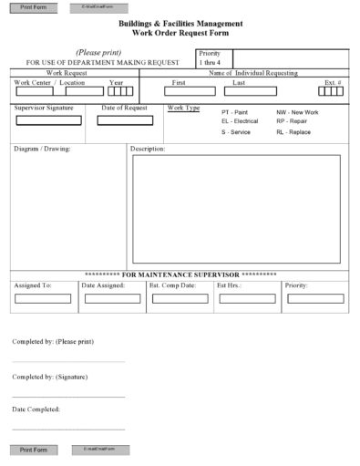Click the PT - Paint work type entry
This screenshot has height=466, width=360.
click(x=234, y=112)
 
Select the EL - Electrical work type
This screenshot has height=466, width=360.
click(x=240, y=121)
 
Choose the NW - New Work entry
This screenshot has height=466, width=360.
click(x=297, y=112)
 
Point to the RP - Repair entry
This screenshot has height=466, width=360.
click(x=291, y=121)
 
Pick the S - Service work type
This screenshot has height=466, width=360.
click(x=236, y=132)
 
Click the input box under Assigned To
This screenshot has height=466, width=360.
click(x=42, y=298)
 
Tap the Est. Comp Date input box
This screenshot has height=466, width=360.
click(x=179, y=298)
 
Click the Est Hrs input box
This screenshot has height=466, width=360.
click(x=246, y=298)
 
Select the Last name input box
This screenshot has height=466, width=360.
click(x=246, y=91)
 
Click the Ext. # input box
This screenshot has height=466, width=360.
click(x=332, y=91)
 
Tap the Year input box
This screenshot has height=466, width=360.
click(x=118, y=91)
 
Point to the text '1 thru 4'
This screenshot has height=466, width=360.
click(x=211, y=63)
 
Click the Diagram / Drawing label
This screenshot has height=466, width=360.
click(x=42, y=148)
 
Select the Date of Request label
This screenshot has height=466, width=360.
click(x=124, y=108)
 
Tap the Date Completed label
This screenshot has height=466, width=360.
click(x=36, y=409)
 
